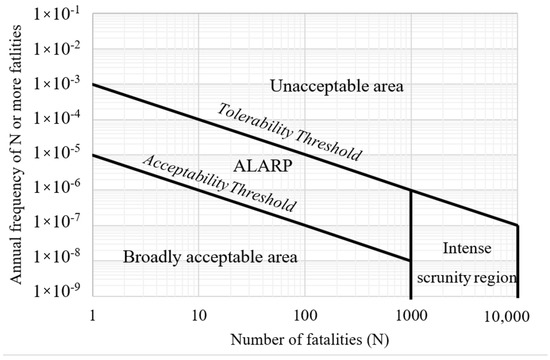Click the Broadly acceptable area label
211,258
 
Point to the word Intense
464,247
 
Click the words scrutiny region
464,271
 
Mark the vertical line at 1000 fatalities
411,240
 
